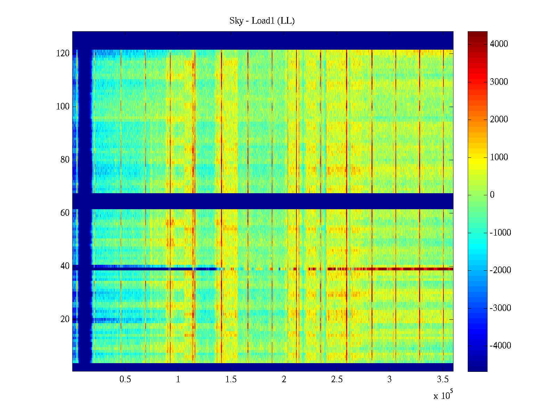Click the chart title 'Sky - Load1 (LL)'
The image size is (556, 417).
(262, 21)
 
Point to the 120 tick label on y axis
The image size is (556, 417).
(63, 54)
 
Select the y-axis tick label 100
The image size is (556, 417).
(63, 107)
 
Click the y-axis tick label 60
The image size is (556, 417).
(65, 213)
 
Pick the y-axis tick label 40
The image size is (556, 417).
(65, 266)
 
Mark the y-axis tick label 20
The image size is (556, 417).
(65, 319)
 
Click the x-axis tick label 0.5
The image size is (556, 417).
(125, 379)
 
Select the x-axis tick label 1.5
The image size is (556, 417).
(231, 379)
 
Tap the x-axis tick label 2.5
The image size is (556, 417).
(337, 379)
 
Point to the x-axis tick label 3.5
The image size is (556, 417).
(443, 379)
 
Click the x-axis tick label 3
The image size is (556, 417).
(390, 379)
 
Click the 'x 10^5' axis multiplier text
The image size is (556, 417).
(443, 395)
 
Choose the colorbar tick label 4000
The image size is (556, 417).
(499, 44)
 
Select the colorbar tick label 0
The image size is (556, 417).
(492, 195)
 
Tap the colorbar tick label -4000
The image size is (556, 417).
(500, 346)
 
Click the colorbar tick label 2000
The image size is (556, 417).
(499, 120)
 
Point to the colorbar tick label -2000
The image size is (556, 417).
(500, 270)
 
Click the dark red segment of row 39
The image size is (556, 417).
(400, 269)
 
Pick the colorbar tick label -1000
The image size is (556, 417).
(500, 233)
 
